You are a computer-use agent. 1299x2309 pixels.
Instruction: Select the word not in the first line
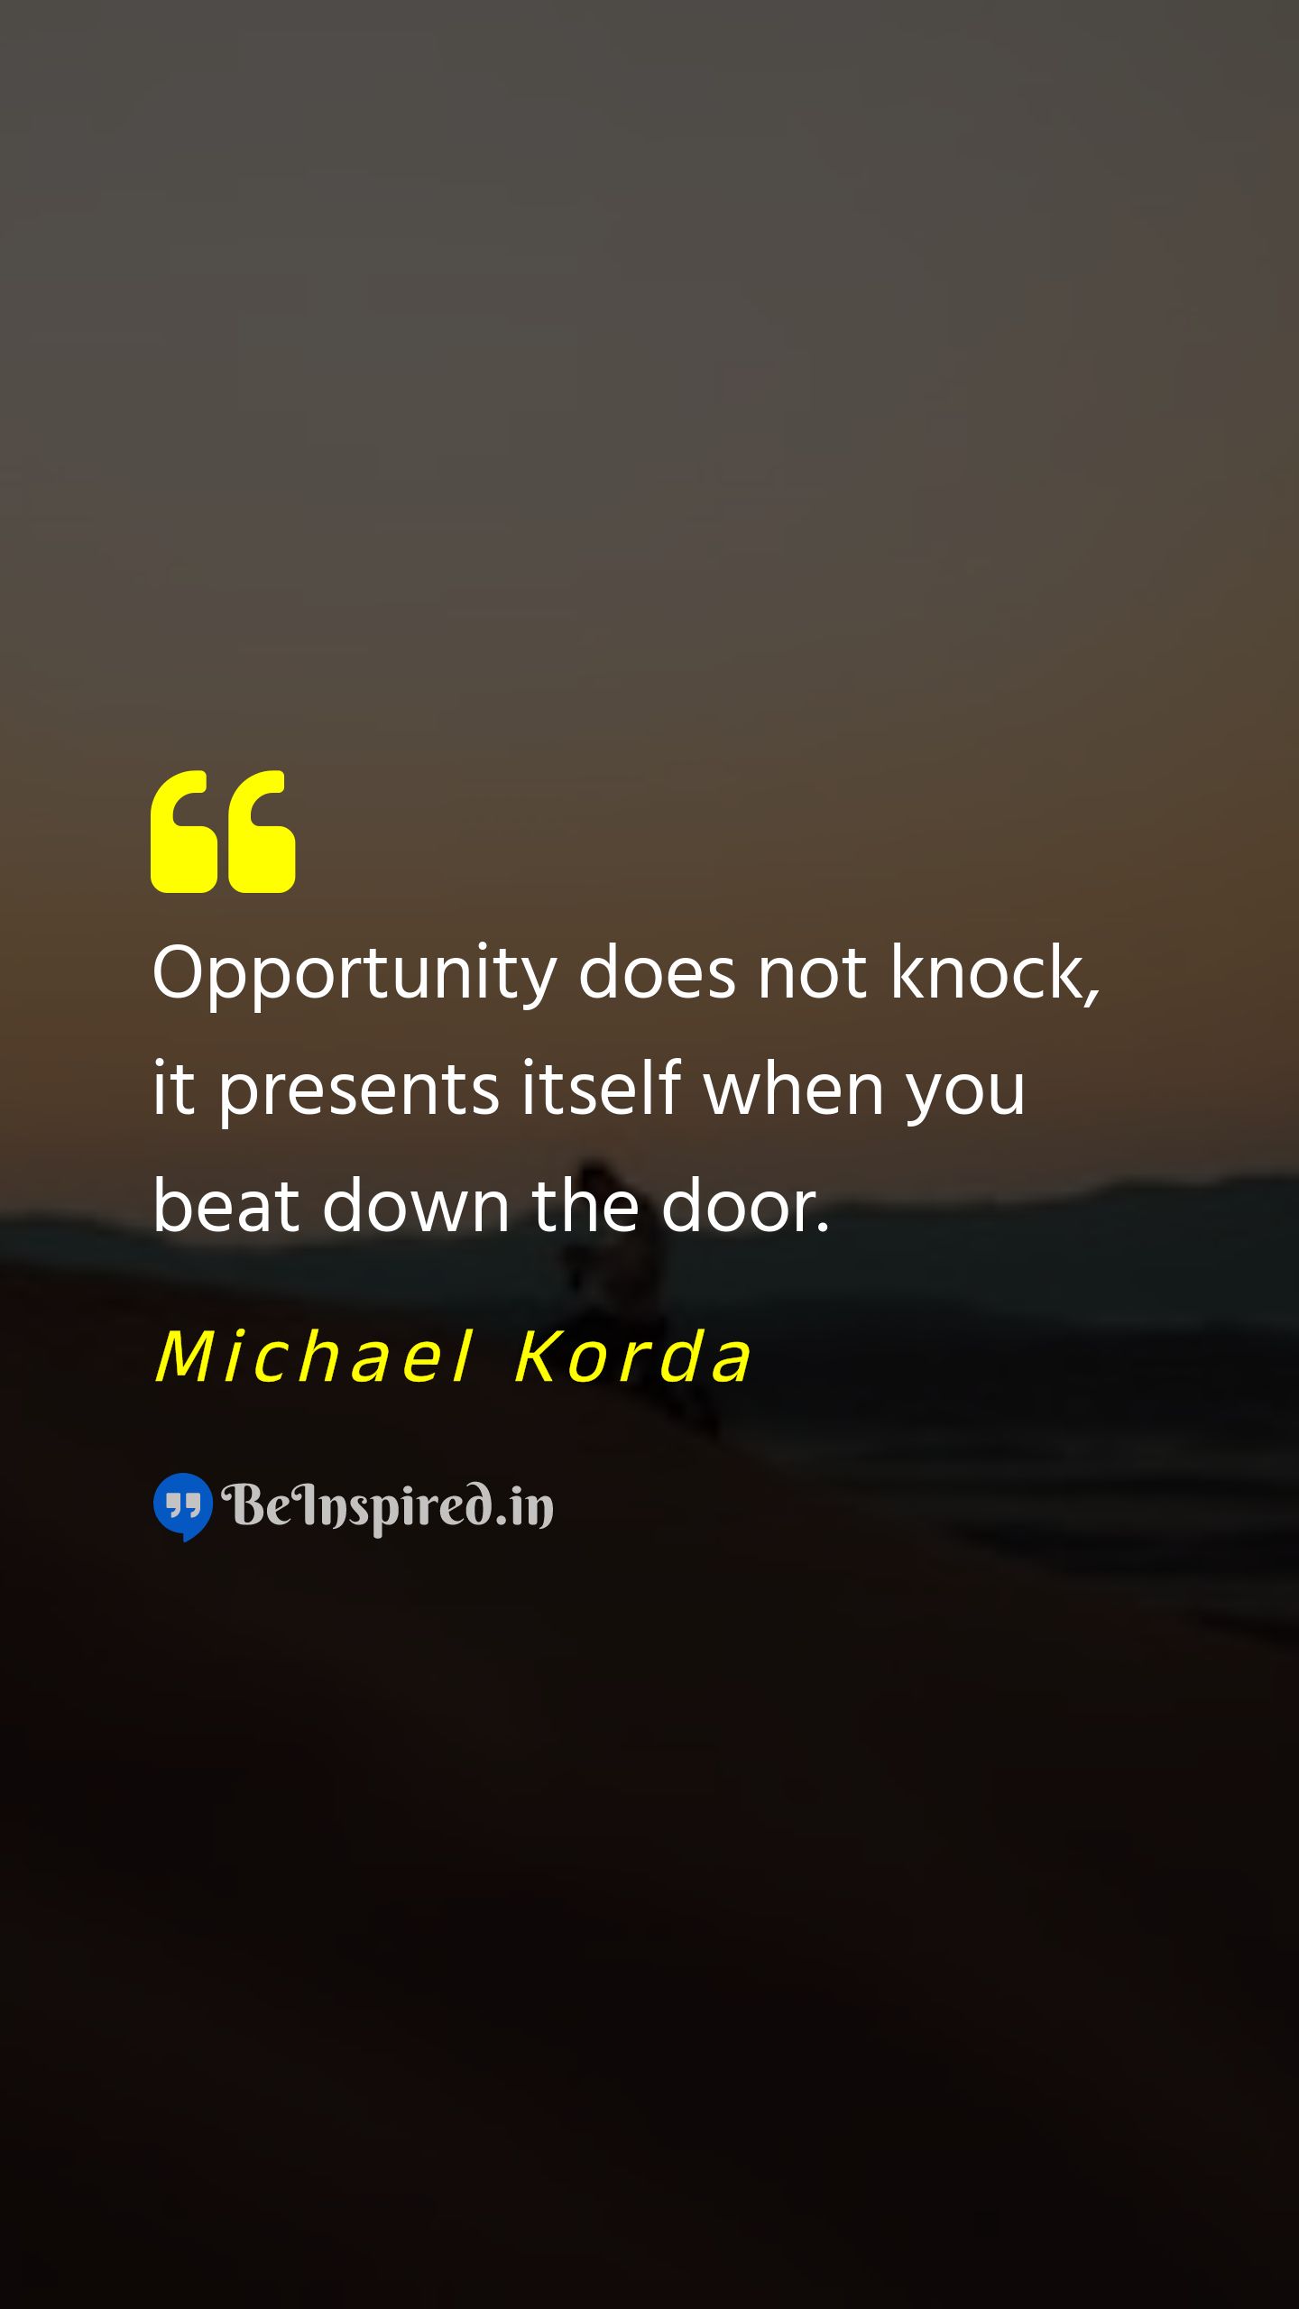click(812, 975)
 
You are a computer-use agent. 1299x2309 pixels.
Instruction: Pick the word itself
click(602, 1087)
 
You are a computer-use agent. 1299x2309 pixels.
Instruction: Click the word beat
click(226, 1204)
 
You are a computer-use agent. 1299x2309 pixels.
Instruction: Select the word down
click(416, 1204)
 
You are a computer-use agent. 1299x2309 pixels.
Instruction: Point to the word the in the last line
click(585, 1204)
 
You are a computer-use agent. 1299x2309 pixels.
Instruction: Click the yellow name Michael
click(314, 1356)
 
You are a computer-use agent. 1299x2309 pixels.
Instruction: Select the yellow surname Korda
click(632, 1356)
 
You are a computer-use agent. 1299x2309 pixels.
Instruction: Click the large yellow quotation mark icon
click(223, 832)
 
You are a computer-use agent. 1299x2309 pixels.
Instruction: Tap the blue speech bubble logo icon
click(183, 1507)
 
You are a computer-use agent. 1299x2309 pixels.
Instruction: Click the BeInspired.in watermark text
click(388, 1506)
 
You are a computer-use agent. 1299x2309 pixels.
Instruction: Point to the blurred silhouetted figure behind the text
click(622, 1290)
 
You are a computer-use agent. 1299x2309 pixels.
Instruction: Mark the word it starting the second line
click(173, 1089)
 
